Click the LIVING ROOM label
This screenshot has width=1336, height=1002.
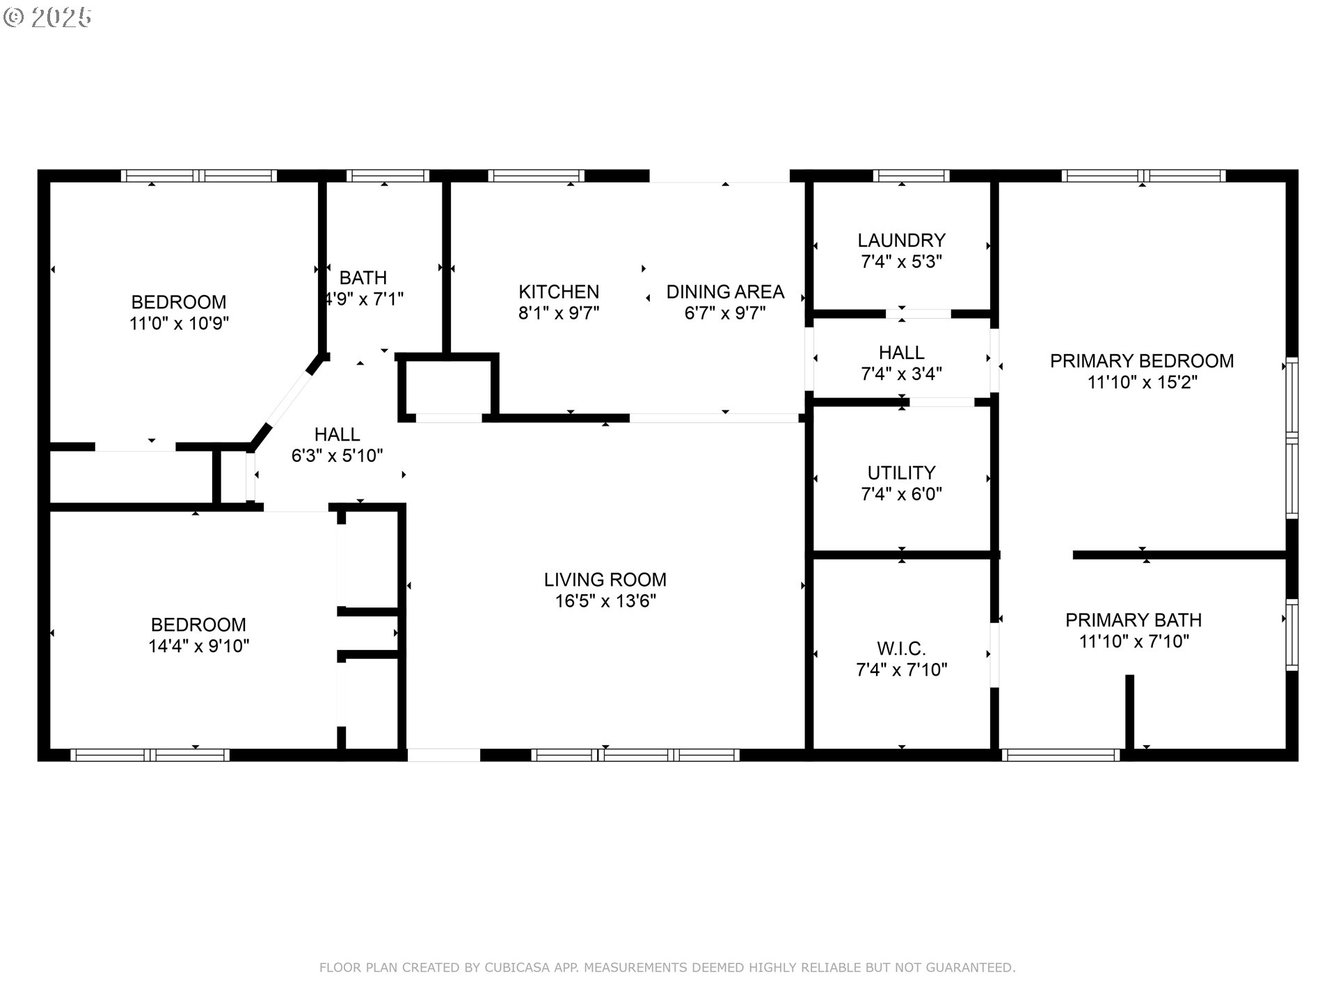click(x=605, y=580)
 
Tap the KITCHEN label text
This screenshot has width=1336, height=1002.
click(x=559, y=292)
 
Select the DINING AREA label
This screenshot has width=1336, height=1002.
click(x=725, y=292)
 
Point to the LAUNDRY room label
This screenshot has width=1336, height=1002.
click(x=901, y=241)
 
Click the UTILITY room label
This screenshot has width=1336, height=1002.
click(x=901, y=473)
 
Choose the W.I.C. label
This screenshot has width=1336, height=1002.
click(x=901, y=649)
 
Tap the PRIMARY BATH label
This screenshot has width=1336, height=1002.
click(x=1134, y=620)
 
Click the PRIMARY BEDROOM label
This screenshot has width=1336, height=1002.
click(x=1142, y=361)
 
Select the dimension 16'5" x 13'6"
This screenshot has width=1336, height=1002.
click(x=605, y=601)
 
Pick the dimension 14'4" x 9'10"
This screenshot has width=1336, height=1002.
click(x=198, y=646)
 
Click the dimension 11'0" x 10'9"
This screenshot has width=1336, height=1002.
click(x=179, y=324)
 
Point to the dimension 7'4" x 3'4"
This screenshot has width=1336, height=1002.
click(x=901, y=374)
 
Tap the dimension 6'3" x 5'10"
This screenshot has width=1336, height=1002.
click(x=337, y=456)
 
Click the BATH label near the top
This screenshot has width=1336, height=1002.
click(x=363, y=278)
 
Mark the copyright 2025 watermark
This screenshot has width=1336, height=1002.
click(x=47, y=17)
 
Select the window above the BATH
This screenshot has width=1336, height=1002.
click(x=388, y=176)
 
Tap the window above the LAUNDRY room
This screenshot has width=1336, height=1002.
click(x=911, y=176)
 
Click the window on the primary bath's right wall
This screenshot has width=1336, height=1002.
click(x=1291, y=635)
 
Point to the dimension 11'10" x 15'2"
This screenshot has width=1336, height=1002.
click(x=1142, y=383)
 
